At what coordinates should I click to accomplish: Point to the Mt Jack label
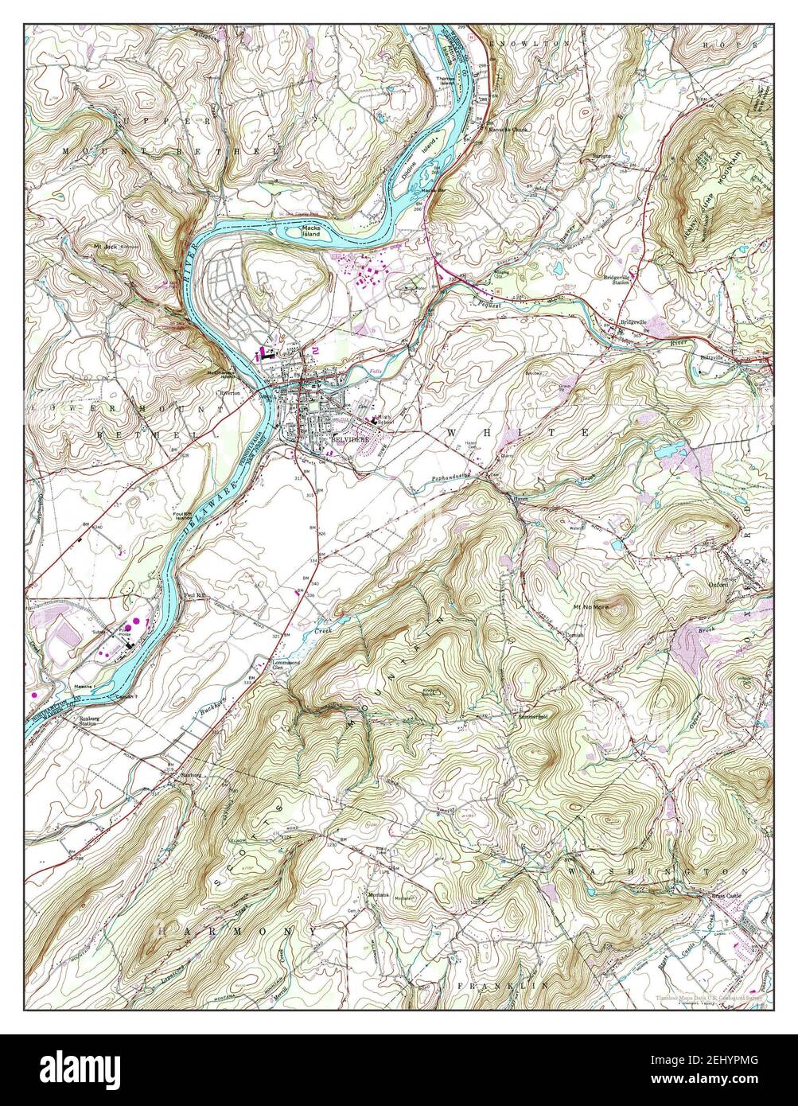click(x=106, y=247)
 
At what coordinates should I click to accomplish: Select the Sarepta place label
click(x=601, y=156)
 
